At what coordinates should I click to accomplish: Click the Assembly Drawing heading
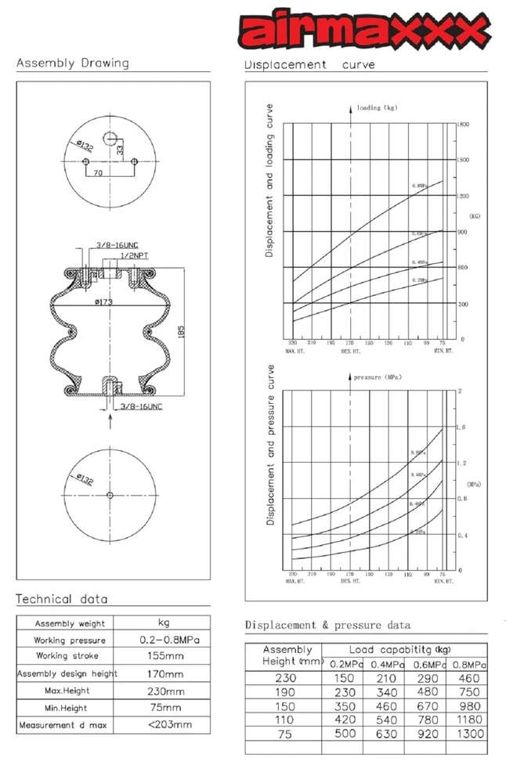[x=73, y=63]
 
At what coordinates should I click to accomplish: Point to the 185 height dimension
[x=181, y=330]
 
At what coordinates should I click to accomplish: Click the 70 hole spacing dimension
[x=99, y=171]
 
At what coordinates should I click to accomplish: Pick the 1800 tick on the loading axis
[x=464, y=124]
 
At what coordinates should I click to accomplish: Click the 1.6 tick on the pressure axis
[x=461, y=428]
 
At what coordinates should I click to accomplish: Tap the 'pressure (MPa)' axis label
[x=381, y=377]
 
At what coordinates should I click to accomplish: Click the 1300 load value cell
[x=469, y=734]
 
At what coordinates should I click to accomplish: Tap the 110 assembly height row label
[x=287, y=720]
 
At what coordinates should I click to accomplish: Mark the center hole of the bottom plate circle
[x=110, y=494]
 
